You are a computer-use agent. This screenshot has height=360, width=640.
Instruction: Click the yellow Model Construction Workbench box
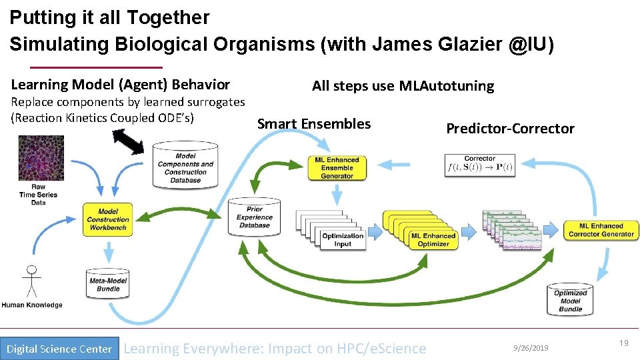coord(107,219)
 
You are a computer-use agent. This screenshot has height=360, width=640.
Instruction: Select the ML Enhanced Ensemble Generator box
coord(337,168)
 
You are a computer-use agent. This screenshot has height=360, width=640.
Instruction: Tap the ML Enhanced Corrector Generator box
coord(601,230)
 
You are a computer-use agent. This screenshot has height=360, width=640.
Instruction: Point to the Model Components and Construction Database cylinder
coord(185,165)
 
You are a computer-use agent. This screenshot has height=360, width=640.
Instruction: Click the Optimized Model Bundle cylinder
coord(571,300)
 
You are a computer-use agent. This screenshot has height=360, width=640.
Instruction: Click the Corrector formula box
coord(479,165)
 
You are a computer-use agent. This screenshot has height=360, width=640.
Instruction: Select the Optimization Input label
coord(342,239)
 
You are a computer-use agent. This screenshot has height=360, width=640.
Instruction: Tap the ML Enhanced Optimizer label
coord(433,239)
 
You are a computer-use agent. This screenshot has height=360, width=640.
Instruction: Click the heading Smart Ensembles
coord(314,124)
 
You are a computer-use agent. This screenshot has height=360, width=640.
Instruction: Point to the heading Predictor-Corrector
coord(509,129)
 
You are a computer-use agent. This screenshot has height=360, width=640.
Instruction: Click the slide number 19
coord(623,343)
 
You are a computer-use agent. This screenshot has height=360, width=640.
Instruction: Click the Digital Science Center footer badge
coord(59,349)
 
